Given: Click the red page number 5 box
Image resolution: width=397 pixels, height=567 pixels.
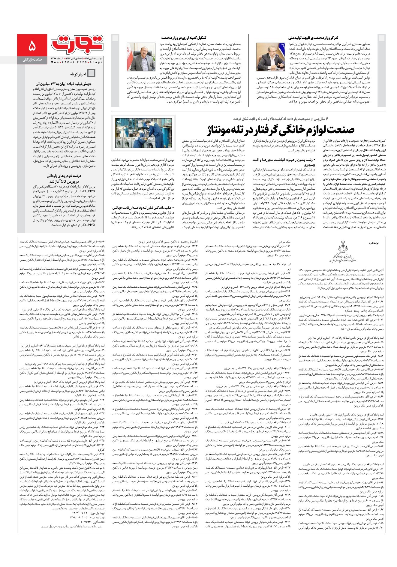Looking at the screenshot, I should click(32, 47).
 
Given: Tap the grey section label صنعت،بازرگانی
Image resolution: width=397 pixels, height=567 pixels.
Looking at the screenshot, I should click(32, 60).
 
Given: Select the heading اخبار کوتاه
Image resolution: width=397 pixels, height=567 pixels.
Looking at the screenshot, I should click(78, 73).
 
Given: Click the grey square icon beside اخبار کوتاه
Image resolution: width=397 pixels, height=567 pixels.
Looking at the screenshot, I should click(91, 73).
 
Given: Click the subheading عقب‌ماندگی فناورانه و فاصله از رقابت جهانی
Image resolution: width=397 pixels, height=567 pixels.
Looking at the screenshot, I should click(142, 207).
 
